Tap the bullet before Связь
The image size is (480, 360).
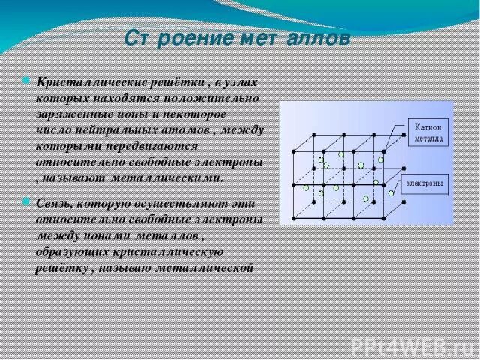click(28, 202)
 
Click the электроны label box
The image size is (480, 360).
click(427, 183)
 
